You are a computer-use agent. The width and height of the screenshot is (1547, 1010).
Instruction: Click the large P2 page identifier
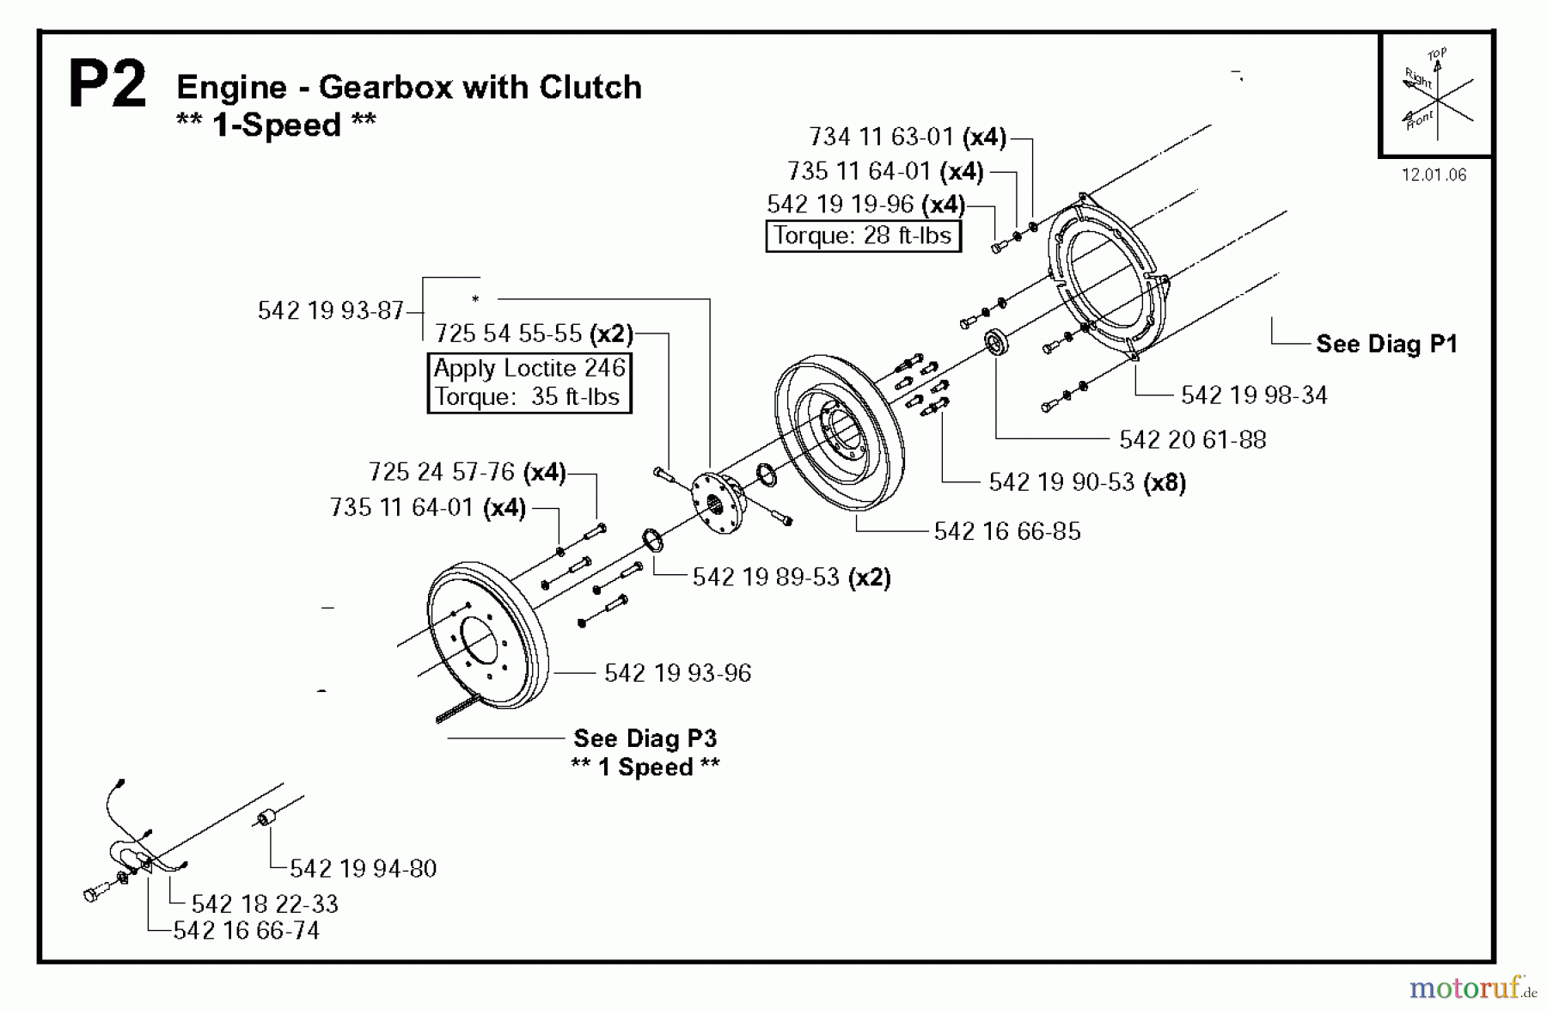107,84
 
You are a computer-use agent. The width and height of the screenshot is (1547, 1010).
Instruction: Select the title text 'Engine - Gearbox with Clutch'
408,88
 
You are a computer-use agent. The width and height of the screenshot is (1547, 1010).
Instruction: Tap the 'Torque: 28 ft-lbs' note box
863,236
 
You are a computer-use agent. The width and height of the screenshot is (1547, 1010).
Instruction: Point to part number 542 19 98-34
1253,395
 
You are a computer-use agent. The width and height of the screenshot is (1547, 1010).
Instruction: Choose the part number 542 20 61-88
1192,440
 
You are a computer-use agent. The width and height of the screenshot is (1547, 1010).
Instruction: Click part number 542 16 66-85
1006,531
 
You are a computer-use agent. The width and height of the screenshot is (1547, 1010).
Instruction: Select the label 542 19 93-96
677,673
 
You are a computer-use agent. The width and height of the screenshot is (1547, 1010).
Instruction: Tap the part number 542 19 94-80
363,869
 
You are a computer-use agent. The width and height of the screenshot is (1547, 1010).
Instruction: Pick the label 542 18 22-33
265,904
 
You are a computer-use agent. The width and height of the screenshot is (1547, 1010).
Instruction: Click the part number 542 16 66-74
246,931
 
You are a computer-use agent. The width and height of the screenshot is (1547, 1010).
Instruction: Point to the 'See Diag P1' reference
1386,345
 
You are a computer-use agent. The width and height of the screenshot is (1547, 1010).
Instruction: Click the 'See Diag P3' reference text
645,739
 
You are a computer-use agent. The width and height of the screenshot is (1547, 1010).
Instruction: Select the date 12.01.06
1434,175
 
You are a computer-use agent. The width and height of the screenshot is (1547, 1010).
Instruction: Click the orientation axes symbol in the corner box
1435,95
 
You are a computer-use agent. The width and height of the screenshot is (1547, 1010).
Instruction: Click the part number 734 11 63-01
881,137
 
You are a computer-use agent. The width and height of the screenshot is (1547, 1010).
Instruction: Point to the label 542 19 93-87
331,310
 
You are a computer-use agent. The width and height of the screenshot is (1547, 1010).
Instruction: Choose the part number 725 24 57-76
441,472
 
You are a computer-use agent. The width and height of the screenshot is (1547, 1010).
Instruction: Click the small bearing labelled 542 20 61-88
996,341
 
